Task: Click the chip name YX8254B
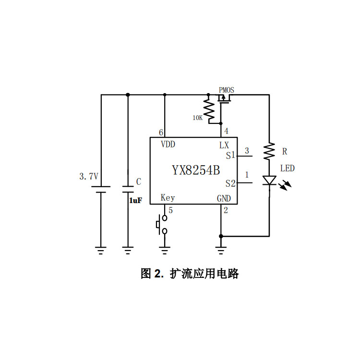(196, 170)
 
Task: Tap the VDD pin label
(168, 144)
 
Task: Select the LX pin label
(224, 144)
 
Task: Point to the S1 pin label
(230, 156)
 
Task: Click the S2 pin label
(230, 183)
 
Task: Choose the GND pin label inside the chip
(224, 198)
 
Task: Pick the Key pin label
(168, 198)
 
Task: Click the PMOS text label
(227, 90)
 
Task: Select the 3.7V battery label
(88, 176)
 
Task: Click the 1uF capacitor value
(135, 201)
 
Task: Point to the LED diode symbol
(269, 180)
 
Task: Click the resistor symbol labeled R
(269, 152)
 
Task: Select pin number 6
(161, 132)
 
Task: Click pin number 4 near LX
(226, 131)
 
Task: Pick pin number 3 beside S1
(247, 151)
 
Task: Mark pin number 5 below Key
(171, 210)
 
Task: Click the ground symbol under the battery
(101, 249)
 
